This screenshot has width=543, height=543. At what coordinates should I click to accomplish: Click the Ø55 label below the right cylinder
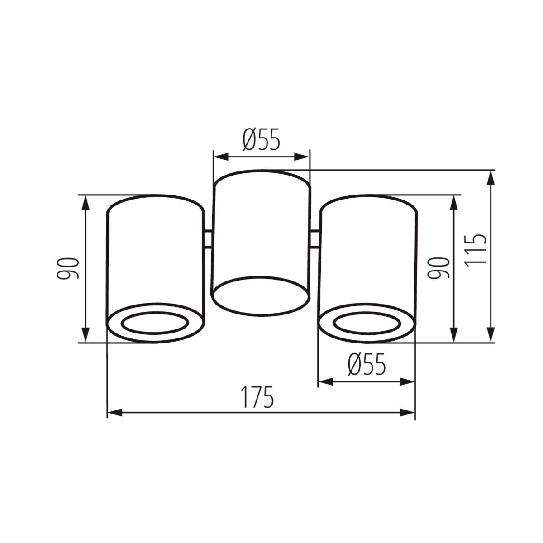(x=367, y=365)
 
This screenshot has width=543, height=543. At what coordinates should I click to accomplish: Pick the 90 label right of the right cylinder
(x=440, y=268)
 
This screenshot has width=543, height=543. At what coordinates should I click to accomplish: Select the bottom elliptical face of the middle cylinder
(x=261, y=295)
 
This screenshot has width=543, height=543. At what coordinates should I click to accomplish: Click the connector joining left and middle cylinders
(x=208, y=239)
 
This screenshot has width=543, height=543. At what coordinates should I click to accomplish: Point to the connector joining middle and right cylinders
(x=315, y=239)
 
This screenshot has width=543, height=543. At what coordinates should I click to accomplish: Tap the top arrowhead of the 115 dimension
(x=490, y=177)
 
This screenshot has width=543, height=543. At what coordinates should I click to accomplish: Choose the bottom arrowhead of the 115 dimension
(x=490, y=336)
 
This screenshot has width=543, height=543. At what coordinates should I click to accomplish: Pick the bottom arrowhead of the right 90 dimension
(x=454, y=336)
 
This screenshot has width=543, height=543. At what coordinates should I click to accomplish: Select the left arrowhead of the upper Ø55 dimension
(x=220, y=157)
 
